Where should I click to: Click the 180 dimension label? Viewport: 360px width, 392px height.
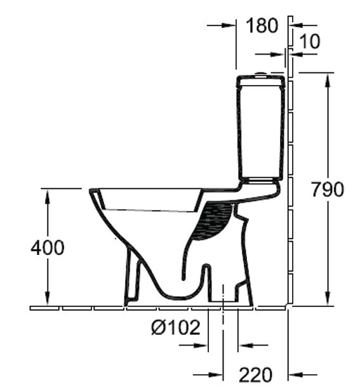pyautogui.click(x=262, y=25)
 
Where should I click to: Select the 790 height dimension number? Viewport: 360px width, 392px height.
pyautogui.click(x=326, y=189)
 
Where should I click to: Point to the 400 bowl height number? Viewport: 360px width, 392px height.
pyautogui.click(x=48, y=247)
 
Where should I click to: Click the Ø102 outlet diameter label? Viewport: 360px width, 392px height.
pyautogui.click(x=175, y=327)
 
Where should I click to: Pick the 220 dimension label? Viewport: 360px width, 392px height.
pyautogui.click(x=255, y=375)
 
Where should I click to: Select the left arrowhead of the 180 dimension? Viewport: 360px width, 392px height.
pyautogui.click(x=230, y=25)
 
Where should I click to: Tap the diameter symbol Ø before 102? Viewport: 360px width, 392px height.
pyautogui.click(x=159, y=327)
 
